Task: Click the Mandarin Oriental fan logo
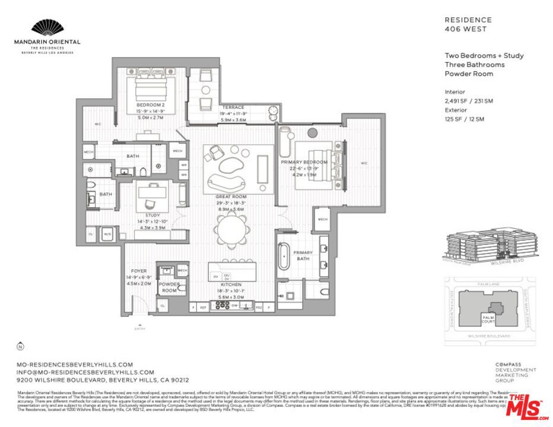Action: pos(47,27)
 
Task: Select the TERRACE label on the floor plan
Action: pos(232,108)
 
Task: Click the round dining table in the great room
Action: pos(231,229)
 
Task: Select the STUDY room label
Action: pos(152,215)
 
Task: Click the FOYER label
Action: pos(139,271)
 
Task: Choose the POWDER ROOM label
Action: pos(169,288)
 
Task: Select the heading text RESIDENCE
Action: pos(468,20)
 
